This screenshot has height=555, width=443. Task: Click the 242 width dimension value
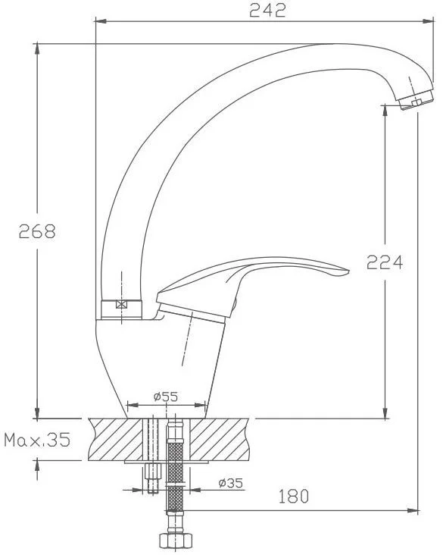(267, 10)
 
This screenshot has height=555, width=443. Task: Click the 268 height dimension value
(37, 231)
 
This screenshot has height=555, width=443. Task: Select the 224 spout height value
(385, 262)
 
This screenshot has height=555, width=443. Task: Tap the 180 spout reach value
(294, 497)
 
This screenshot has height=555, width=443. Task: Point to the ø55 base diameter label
(166, 397)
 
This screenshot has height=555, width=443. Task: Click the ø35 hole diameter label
(231, 483)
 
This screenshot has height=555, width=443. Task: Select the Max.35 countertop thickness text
(37, 440)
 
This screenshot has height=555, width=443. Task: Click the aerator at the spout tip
(416, 100)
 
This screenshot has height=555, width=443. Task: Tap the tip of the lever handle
(348, 272)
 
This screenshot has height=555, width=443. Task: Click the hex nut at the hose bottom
(176, 541)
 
